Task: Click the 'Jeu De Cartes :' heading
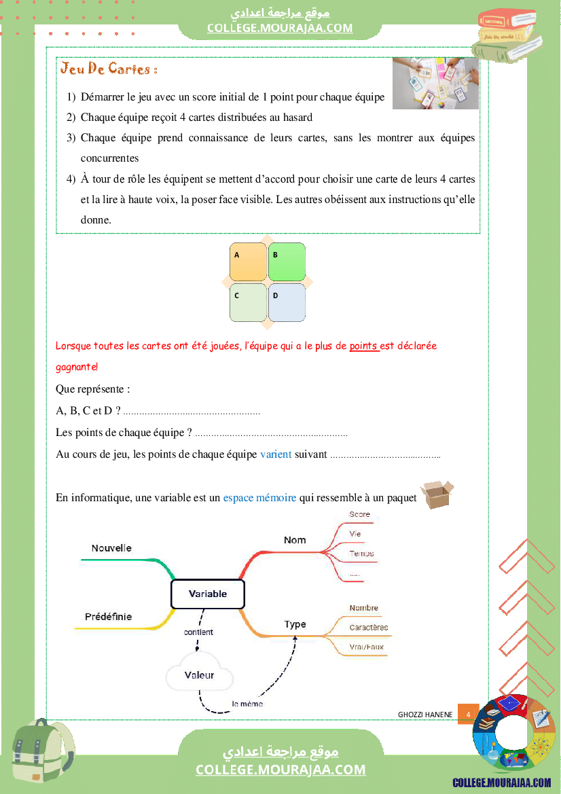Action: pyautogui.click(x=109, y=69)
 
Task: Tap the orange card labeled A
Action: pyautogui.click(x=248, y=262)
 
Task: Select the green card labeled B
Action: pyautogui.click(x=287, y=262)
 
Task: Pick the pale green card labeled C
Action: pyautogui.click(x=248, y=302)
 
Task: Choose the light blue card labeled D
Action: pyautogui.click(x=287, y=302)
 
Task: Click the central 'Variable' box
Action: pyautogui.click(x=207, y=594)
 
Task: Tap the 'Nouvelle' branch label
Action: pyautogui.click(x=111, y=548)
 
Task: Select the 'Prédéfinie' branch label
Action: pyautogui.click(x=108, y=617)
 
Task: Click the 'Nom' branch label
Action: pyautogui.click(x=295, y=540)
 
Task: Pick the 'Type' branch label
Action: pyautogui.click(x=295, y=624)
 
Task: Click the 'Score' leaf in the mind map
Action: pyautogui.click(x=359, y=514)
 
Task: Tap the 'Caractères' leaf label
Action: pyautogui.click(x=369, y=628)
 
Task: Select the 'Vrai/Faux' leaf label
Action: pyautogui.click(x=366, y=647)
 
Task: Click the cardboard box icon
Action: pyautogui.click(x=437, y=494)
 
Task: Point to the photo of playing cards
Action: pyautogui.click(x=435, y=83)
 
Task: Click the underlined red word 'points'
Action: pyautogui.click(x=363, y=346)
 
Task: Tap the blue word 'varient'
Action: pyautogui.click(x=276, y=454)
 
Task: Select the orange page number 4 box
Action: pyautogui.click(x=468, y=714)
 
